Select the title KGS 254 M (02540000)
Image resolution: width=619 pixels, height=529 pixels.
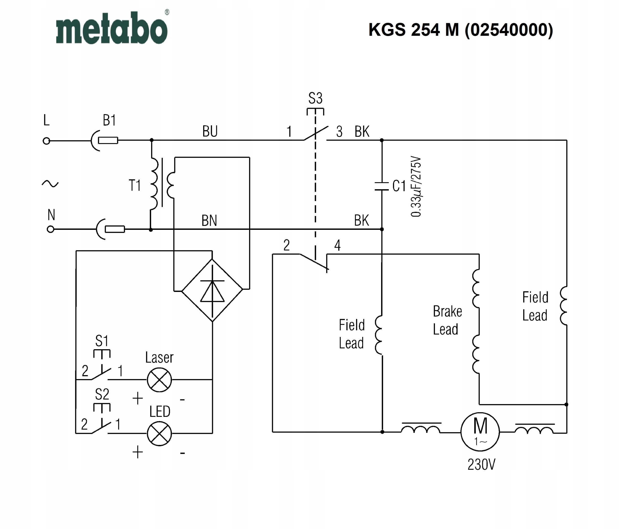pyautogui.click(x=461, y=30)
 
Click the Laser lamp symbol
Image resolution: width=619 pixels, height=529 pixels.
pyautogui.click(x=160, y=380)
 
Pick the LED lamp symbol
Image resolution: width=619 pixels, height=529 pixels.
pyautogui.click(x=160, y=434)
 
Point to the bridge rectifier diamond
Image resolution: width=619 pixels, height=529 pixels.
pyautogui.click(x=212, y=290)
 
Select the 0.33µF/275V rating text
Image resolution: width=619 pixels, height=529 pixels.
pyautogui.click(x=416, y=187)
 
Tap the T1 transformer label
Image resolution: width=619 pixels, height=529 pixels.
pyautogui.click(x=134, y=185)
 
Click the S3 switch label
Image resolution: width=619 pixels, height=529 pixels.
pyautogui.click(x=316, y=98)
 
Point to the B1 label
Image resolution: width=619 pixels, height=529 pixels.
pyautogui.click(x=109, y=120)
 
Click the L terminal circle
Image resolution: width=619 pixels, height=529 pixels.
pyautogui.click(x=46, y=141)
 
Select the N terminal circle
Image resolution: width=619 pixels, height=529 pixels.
pyautogui.click(x=51, y=229)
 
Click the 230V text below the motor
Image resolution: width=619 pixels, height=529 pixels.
pyautogui.click(x=481, y=464)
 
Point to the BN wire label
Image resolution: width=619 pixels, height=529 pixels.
pyautogui.click(x=209, y=221)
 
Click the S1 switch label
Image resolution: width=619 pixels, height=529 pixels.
pyautogui.click(x=102, y=341)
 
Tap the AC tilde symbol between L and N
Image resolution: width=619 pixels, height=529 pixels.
pyautogui.click(x=50, y=184)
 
